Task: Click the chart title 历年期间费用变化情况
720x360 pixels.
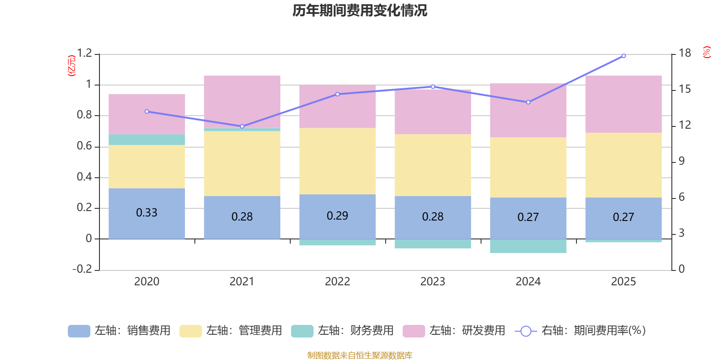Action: click(x=360, y=11)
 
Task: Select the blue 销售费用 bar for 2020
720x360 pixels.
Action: click(x=147, y=213)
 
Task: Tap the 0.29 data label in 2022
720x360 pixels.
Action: click(x=337, y=216)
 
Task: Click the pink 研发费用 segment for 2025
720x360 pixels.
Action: click(x=624, y=104)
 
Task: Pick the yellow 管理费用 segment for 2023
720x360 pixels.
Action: click(x=432, y=165)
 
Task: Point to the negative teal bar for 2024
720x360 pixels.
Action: click(x=528, y=246)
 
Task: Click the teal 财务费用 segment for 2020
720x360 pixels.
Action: click(x=147, y=139)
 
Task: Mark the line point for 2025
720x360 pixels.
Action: click(x=624, y=56)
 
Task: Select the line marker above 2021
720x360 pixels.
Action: click(x=242, y=126)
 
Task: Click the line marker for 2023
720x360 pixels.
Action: click(x=432, y=86)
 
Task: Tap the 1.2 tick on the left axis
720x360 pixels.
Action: click(x=85, y=53)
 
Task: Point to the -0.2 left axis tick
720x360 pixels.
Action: click(x=82, y=269)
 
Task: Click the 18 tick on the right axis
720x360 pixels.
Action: click(x=684, y=53)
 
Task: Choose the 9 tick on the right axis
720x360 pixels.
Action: click(x=681, y=161)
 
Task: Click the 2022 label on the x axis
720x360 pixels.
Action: click(x=337, y=282)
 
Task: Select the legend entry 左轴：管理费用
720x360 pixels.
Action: click(x=230, y=331)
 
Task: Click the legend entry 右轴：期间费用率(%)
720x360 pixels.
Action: click(x=580, y=331)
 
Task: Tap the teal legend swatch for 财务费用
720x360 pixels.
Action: click(x=302, y=331)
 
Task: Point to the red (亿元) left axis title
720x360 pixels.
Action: click(x=72, y=66)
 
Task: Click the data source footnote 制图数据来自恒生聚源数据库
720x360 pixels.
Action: click(x=360, y=355)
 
